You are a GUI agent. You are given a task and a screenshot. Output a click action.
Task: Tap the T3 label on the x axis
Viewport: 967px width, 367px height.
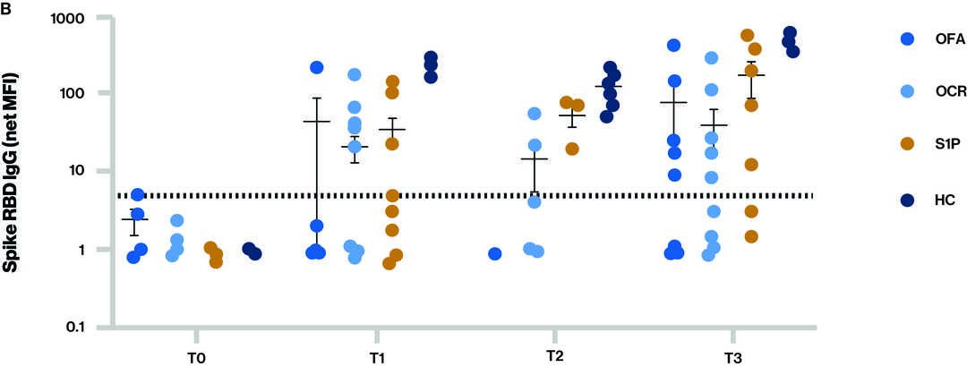tap(733, 358)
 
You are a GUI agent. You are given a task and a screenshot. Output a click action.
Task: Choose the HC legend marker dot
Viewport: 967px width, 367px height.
tap(906, 200)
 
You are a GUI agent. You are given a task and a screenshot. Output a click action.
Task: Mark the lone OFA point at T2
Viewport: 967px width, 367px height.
tap(495, 254)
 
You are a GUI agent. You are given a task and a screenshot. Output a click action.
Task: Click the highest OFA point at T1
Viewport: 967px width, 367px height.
tap(317, 67)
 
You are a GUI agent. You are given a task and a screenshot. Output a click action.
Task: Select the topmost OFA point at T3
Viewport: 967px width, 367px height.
tap(674, 45)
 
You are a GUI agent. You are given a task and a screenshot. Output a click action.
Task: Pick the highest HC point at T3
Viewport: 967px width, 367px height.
tap(790, 33)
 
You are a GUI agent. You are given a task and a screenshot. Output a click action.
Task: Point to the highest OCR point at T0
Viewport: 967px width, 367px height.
tap(177, 220)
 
